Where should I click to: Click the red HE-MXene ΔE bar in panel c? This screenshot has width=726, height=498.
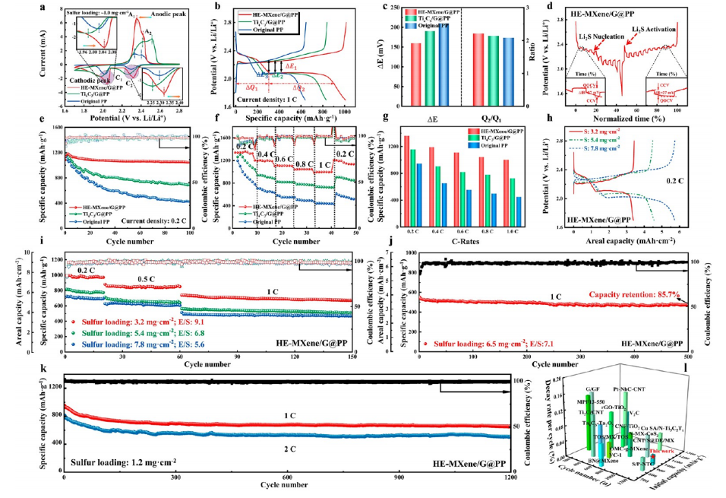415,75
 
